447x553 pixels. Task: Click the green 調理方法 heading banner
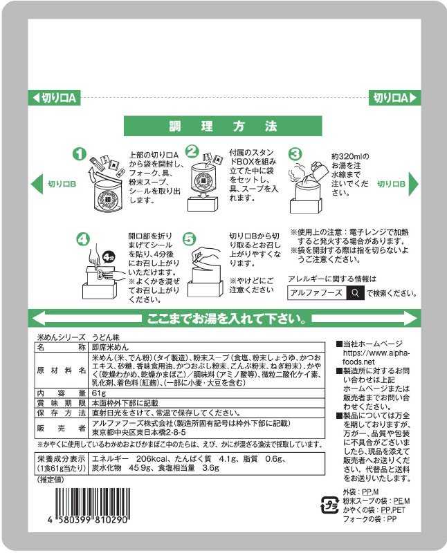point(223,126)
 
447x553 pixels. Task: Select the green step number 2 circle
point(193,152)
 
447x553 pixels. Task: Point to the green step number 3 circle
point(295,153)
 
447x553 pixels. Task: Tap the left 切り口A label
point(56,98)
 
